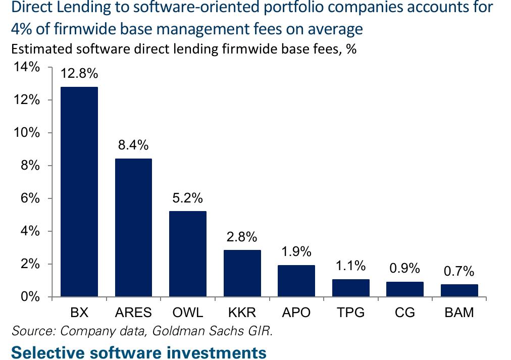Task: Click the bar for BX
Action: [x=79, y=191]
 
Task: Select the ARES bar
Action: [x=133, y=227]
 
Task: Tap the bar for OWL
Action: [x=188, y=254]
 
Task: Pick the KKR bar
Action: [x=242, y=273]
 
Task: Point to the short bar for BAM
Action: [x=459, y=291]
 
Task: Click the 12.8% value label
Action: [x=79, y=74]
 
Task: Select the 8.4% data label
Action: [x=133, y=145]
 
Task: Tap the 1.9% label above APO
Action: [x=296, y=251]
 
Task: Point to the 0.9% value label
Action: [x=405, y=268]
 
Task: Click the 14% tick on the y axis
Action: [x=26, y=67]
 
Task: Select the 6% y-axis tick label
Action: [x=30, y=198]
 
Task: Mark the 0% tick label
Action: [x=30, y=297]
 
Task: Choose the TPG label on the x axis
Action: [x=350, y=313]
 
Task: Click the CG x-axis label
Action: [x=405, y=313]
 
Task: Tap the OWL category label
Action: [x=188, y=313]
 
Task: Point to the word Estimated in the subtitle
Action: [x=42, y=49]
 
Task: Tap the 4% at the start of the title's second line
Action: [x=22, y=29]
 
